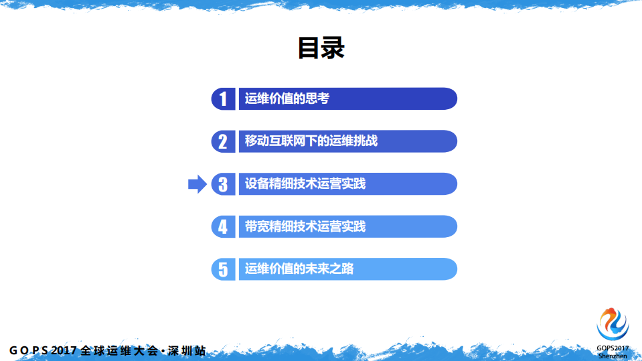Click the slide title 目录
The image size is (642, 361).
click(x=321, y=49)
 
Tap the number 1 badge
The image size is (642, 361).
click(x=223, y=99)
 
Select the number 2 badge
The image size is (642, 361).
click(x=223, y=141)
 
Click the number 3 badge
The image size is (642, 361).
click(x=223, y=184)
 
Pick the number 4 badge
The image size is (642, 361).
click(x=223, y=226)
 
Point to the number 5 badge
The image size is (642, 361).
click(x=223, y=269)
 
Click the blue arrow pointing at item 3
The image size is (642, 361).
click(x=197, y=184)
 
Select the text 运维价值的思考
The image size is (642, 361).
click(x=287, y=99)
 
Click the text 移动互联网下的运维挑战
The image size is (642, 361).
click(x=311, y=141)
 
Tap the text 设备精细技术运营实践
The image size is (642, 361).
click(x=305, y=184)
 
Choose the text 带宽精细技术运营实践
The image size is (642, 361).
click(x=305, y=226)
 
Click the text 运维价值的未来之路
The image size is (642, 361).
click(x=299, y=269)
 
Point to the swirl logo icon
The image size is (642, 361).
click(x=613, y=323)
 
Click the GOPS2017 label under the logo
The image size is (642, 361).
click(x=613, y=348)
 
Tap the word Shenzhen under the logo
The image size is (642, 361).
click(x=613, y=356)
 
